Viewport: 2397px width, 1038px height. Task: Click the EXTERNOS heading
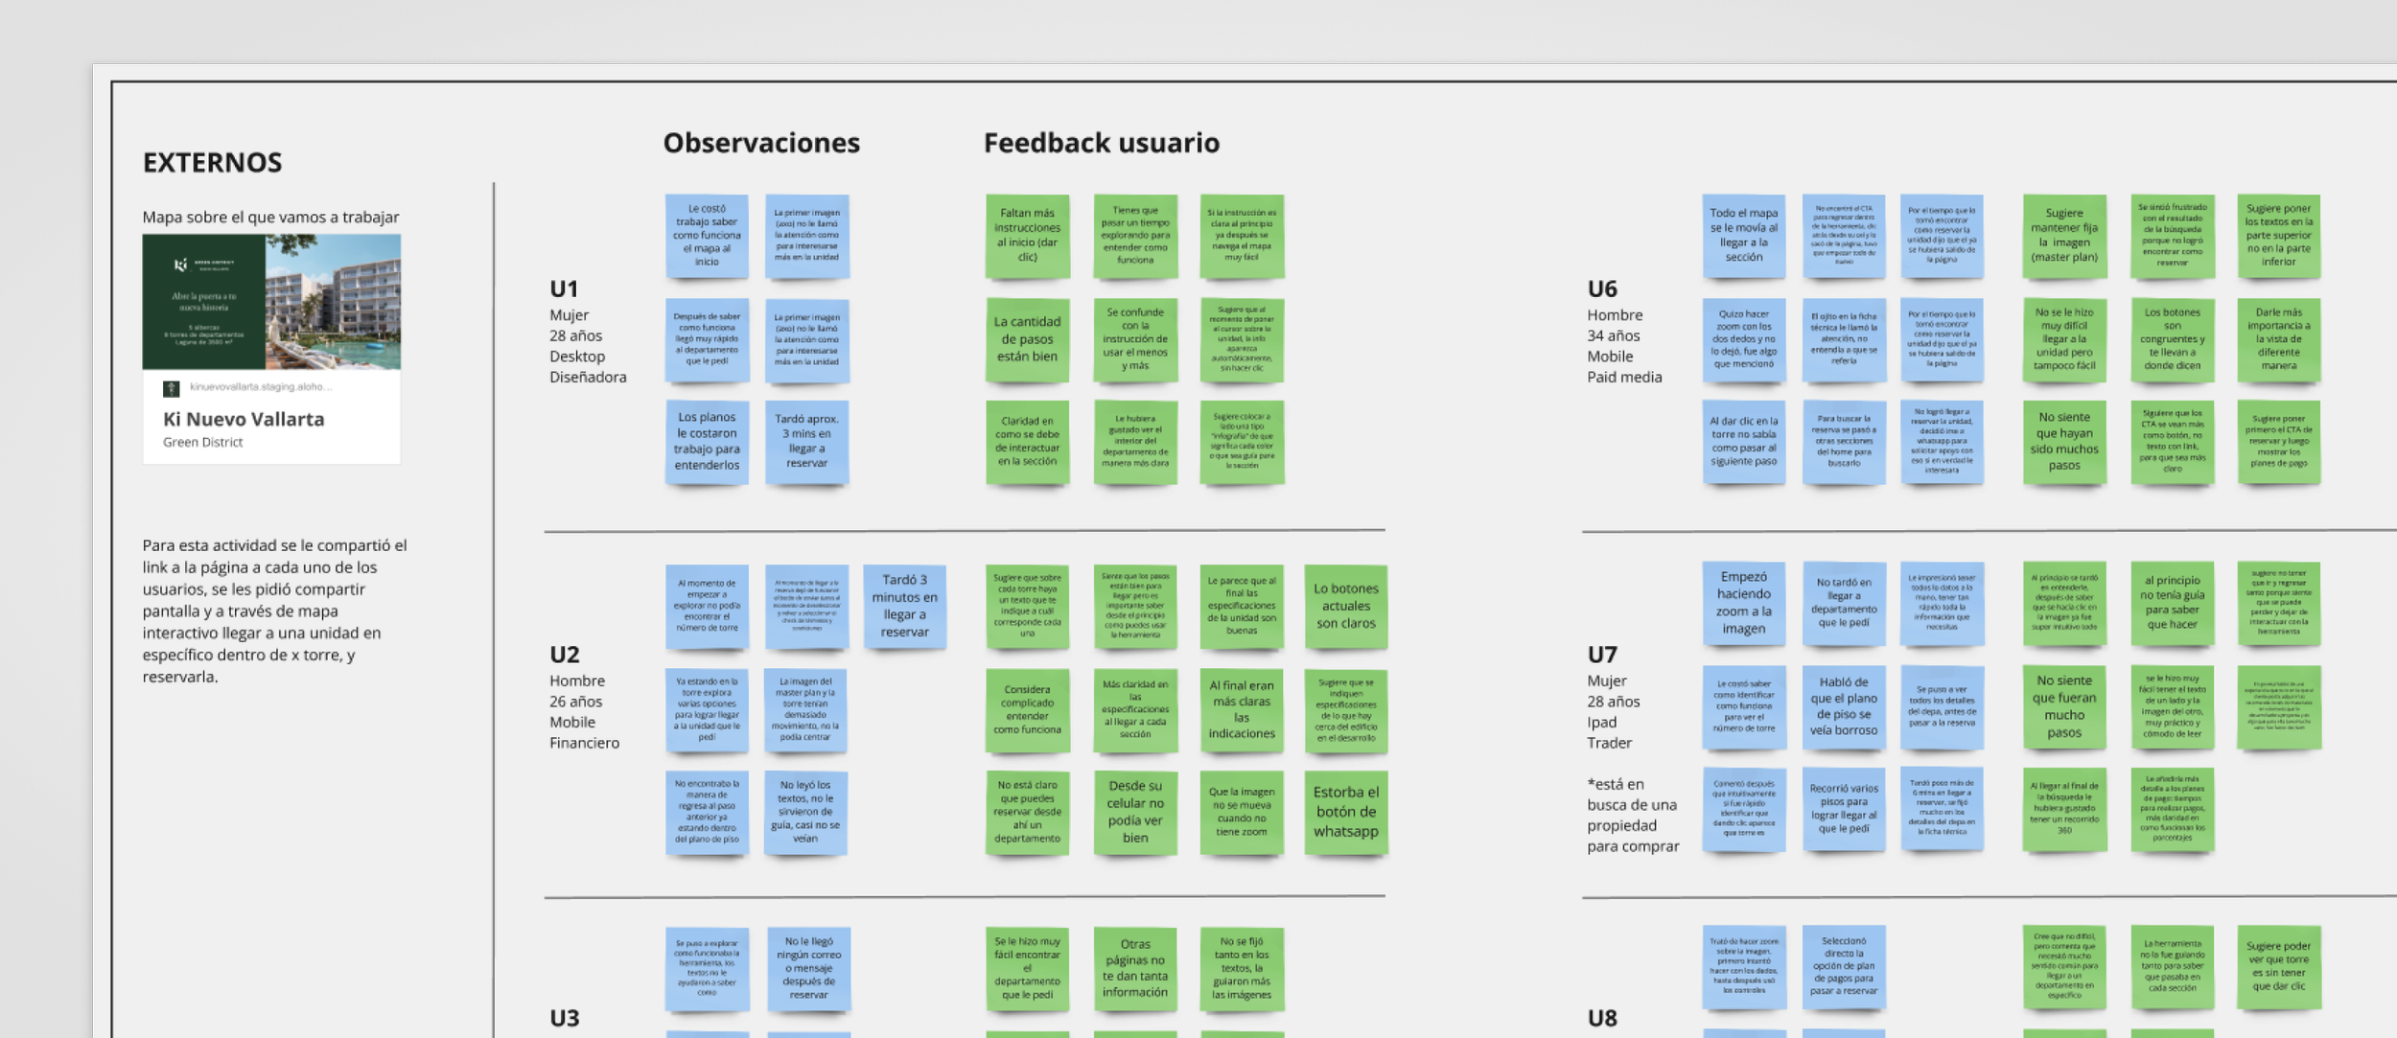[x=212, y=163]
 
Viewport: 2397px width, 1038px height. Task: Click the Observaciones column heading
[x=761, y=144]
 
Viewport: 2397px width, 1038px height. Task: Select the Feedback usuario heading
[x=1101, y=144]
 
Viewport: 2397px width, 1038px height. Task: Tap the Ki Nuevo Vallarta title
[x=244, y=419]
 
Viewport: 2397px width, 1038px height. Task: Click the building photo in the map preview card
[x=333, y=302]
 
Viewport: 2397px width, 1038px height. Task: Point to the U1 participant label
[x=564, y=289]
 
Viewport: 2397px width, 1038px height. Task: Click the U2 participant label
[x=565, y=655]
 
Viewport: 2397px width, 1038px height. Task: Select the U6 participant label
[x=1602, y=289]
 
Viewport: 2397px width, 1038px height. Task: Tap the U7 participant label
[x=1602, y=655]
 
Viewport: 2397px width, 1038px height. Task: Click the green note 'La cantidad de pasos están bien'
[x=1027, y=339]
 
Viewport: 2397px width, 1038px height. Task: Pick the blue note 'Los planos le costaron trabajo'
[x=707, y=441]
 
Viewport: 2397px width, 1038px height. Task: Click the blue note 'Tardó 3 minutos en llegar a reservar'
[x=904, y=606]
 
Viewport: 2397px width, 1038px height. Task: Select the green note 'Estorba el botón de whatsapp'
[x=1345, y=812]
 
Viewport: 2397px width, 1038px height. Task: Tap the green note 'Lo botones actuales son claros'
[x=1345, y=606]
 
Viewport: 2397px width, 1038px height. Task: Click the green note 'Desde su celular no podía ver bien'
[x=1134, y=812]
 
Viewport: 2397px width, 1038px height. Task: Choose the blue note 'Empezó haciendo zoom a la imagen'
[x=1743, y=603]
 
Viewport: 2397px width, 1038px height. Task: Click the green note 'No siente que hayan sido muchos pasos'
[x=2064, y=441]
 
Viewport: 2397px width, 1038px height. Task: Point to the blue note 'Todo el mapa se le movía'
[x=1743, y=236]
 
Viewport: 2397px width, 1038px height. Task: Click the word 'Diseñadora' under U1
[x=588, y=378]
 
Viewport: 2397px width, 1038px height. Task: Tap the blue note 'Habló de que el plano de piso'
[x=1843, y=706]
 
